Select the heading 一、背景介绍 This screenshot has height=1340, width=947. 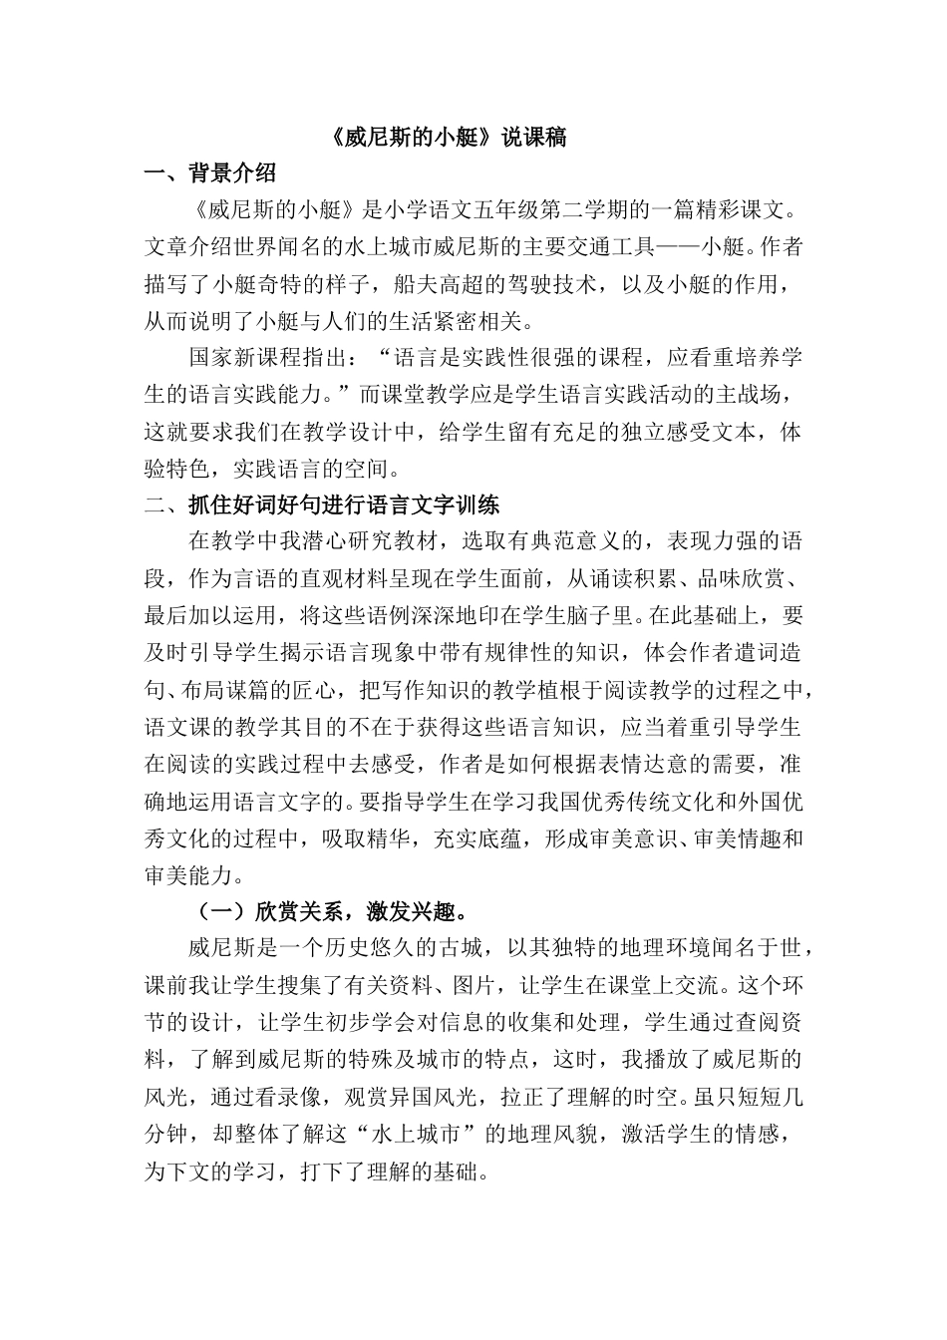(x=210, y=173)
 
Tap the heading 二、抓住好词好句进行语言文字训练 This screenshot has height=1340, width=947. (x=322, y=503)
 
